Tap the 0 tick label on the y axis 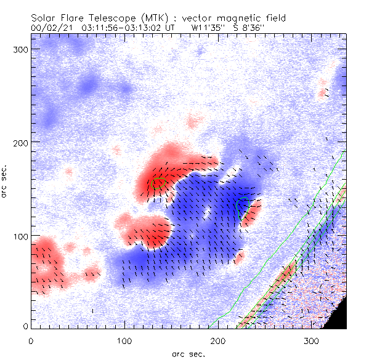25,326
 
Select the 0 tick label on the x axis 31,339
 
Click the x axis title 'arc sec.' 189,354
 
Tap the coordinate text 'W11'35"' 207,27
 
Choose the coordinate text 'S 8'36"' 250,27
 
